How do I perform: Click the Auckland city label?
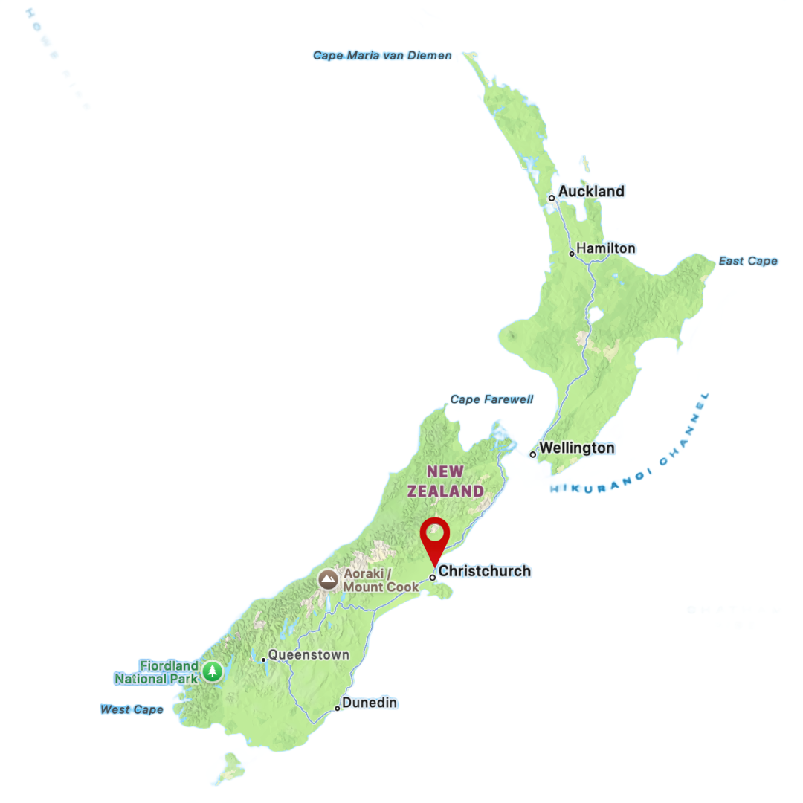(591, 192)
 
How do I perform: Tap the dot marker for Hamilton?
(572, 254)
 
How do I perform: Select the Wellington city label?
(577, 448)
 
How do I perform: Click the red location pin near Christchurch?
(435, 537)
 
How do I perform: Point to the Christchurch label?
(485, 571)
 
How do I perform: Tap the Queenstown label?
(309, 655)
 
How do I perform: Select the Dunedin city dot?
(337, 708)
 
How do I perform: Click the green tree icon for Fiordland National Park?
(213, 672)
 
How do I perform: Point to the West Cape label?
(132, 710)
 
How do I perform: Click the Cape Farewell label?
(491, 400)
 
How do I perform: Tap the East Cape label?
(748, 262)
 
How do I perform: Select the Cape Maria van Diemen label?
(382, 56)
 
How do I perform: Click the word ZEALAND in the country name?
(445, 491)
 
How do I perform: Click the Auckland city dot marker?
(552, 198)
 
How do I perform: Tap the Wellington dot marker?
(533, 454)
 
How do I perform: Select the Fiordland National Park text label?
(157, 672)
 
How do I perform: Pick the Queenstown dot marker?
(263, 660)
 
